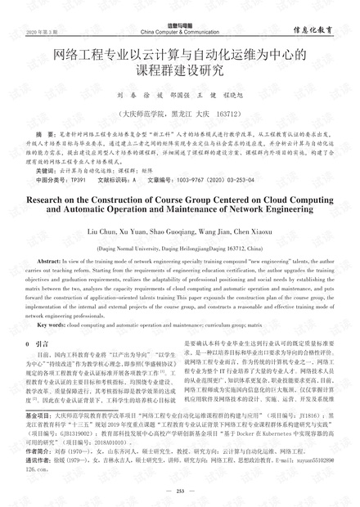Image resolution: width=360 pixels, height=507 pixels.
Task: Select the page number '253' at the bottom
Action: click(179, 490)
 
